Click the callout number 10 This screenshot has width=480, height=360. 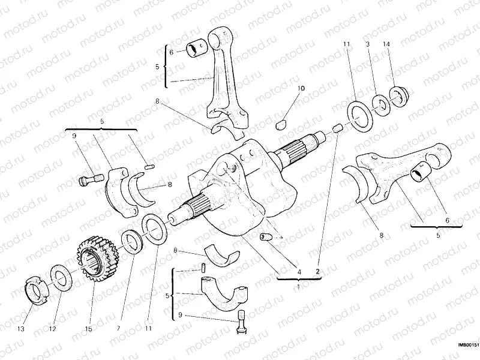(301, 88)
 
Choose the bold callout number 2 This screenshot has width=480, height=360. (318, 271)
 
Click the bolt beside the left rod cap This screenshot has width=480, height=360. (89, 179)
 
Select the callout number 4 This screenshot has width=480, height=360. (298, 271)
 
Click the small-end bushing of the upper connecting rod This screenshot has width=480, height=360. (199, 47)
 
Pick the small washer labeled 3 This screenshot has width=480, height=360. (379, 103)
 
